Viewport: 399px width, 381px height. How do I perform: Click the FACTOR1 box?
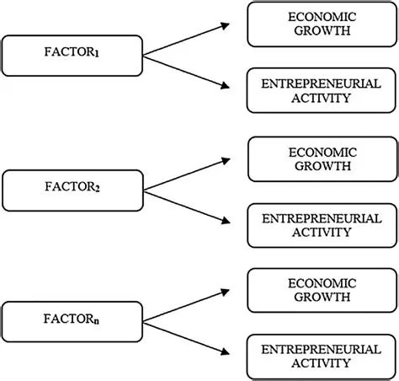pyautogui.click(x=72, y=55)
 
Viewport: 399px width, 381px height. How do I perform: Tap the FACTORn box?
pyautogui.click(x=72, y=323)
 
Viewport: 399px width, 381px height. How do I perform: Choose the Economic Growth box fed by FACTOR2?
pyautogui.click(x=322, y=159)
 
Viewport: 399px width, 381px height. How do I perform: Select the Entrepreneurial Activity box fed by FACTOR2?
pyautogui.click(x=322, y=225)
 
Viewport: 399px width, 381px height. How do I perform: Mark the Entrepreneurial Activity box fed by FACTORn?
pyautogui.click(x=322, y=357)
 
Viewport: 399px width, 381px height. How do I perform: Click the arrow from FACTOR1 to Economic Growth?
pyautogui.click(x=185, y=39)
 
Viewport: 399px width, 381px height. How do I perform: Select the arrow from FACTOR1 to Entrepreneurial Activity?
pyautogui.click(x=185, y=70)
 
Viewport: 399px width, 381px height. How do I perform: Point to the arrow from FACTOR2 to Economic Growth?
pyautogui.click(x=185, y=173)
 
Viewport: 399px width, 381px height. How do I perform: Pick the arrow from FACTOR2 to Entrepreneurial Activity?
pyautogui.click(x=185, y=205)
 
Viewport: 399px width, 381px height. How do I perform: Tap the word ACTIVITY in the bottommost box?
pyautogui.click(x=322, y=364)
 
